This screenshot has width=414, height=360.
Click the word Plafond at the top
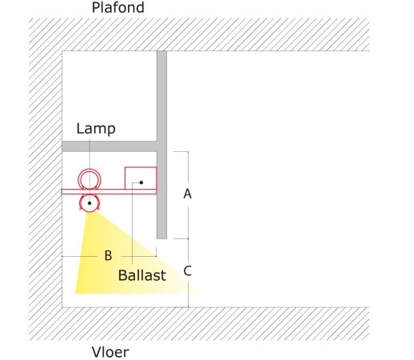click(x=118, y=7)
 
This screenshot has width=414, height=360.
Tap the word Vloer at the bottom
click(x=110, y=352)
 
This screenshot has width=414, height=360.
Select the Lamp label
click(x=96, y=129)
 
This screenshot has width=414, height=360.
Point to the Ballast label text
click(x=142, y=275)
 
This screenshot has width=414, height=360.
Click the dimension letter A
click(x=188, y=194)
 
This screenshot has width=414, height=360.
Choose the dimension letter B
click(x=108, y=255)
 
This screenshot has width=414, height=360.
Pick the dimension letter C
click(x=188, y=271)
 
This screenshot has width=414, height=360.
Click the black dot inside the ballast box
click(x=141, y=182)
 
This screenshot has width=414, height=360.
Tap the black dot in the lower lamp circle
click(x=90, y=203)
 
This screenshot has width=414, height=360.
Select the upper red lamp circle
click(x=90, y=169)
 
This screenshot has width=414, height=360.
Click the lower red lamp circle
click(x=90, y=212)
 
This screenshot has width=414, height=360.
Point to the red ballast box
click(x=125, y=178)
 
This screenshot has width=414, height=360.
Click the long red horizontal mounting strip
click(x=109, y=191)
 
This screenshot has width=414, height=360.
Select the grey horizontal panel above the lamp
click(x=109, y=146)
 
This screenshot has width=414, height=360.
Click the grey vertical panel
click(x=161, y=145)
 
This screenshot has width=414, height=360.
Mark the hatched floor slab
click(x=199, y=324)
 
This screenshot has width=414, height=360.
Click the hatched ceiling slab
click(x=199, y=34)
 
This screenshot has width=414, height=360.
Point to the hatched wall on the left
click(x=46, y=179)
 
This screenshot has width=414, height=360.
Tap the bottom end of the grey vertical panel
click(x=161, y=238)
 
